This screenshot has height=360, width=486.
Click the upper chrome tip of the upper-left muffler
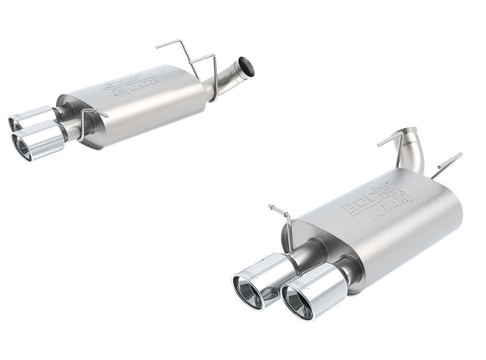(x=33, y=118)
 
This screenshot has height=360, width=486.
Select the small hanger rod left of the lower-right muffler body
(x=285, y=220)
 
